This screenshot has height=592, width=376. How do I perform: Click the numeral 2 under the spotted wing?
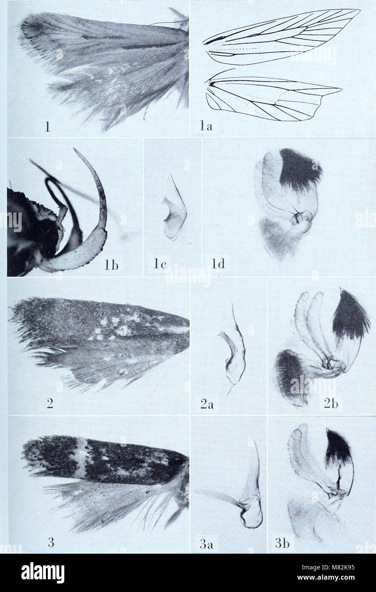[x=50, y=403]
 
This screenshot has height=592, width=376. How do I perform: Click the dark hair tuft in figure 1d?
[x=299, y=169]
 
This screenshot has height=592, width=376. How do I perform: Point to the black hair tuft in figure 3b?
[x=338, y=447]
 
